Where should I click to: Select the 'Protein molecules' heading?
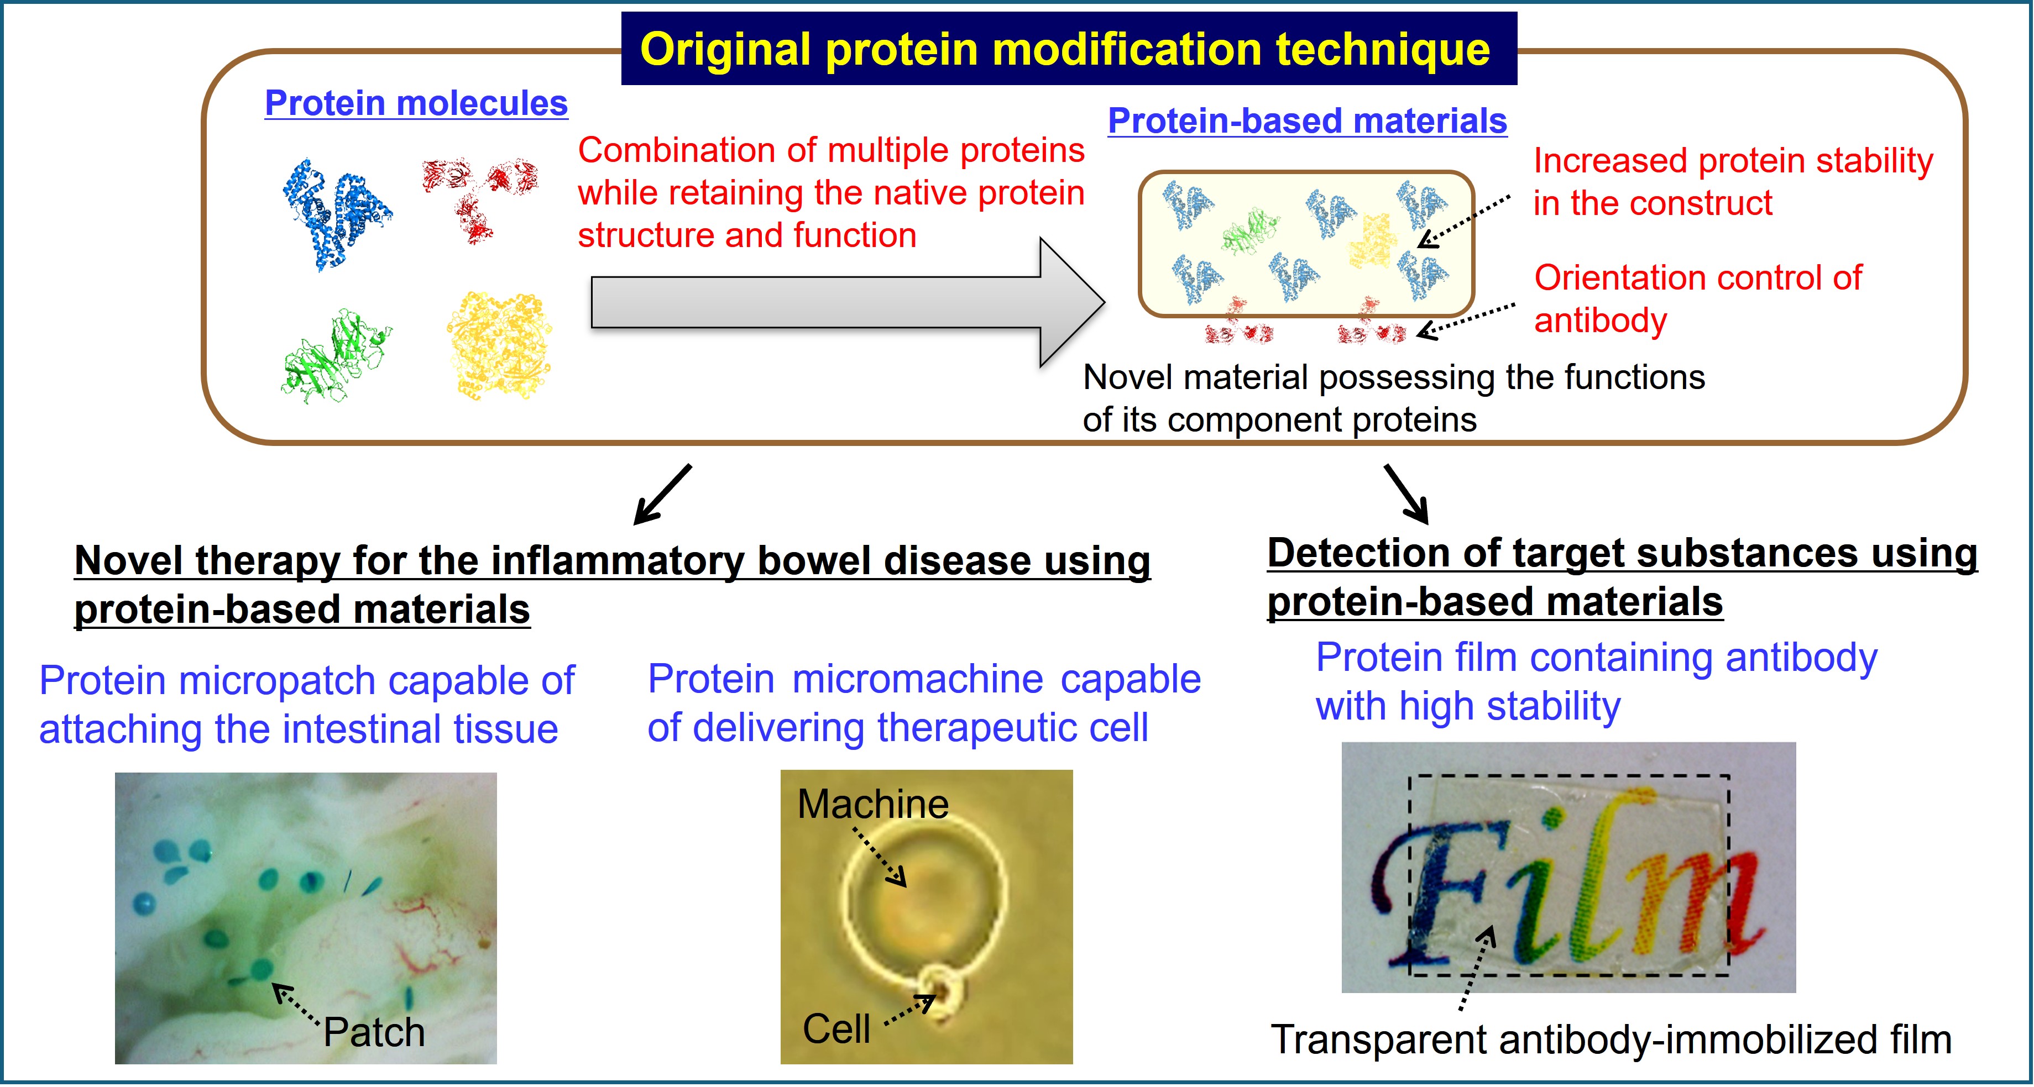tap(416, 103)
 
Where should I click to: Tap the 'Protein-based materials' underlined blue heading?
tap(1307, 121)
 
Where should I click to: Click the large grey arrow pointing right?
tap(847, 302)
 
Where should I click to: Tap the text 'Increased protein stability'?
tap(1733, 161)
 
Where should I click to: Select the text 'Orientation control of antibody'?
tap(1698, 299)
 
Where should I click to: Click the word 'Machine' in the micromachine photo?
tap(872, 805)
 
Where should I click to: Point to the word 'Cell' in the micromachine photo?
tap(836, 1028)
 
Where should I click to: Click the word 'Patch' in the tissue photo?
tap(374, 1032)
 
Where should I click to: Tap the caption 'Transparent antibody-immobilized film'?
tap(1611, 1039)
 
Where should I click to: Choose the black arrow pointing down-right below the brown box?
tap(1406, 494)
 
